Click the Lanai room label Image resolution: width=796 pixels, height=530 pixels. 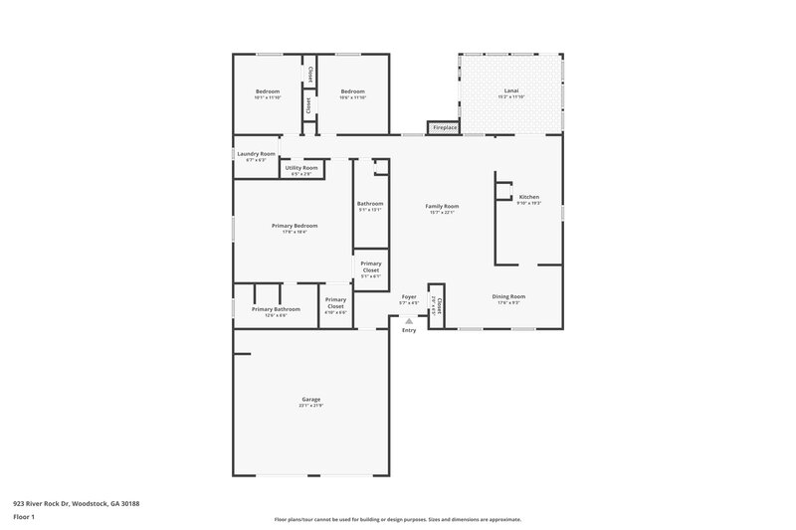[511, 91]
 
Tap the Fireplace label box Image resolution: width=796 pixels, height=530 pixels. [444, 127]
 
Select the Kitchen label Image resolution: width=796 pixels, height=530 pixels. [529, 197]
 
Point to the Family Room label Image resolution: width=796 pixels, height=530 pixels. [443, 205]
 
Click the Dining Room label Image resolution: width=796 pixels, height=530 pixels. [508, 296]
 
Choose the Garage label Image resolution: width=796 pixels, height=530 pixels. [310, 400]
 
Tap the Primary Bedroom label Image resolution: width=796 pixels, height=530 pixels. [295, 226]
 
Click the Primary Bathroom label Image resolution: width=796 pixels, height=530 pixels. [276, 309]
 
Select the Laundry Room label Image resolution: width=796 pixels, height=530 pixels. [256, 154]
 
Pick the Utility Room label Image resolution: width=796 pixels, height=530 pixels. [301, 168]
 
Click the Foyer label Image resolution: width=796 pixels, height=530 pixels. [408, 296]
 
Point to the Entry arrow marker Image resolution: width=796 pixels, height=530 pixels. [408, 321]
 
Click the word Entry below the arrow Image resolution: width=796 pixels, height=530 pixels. [408, 331]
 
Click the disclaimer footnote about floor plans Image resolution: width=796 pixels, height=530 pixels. [397, 519]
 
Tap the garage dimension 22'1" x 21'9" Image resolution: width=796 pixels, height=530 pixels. [310, 406]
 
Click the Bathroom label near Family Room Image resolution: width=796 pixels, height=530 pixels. [370, 204]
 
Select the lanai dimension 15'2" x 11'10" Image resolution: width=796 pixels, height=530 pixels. [511, 97]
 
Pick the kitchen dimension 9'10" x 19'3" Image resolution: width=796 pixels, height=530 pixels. [529, 203]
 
